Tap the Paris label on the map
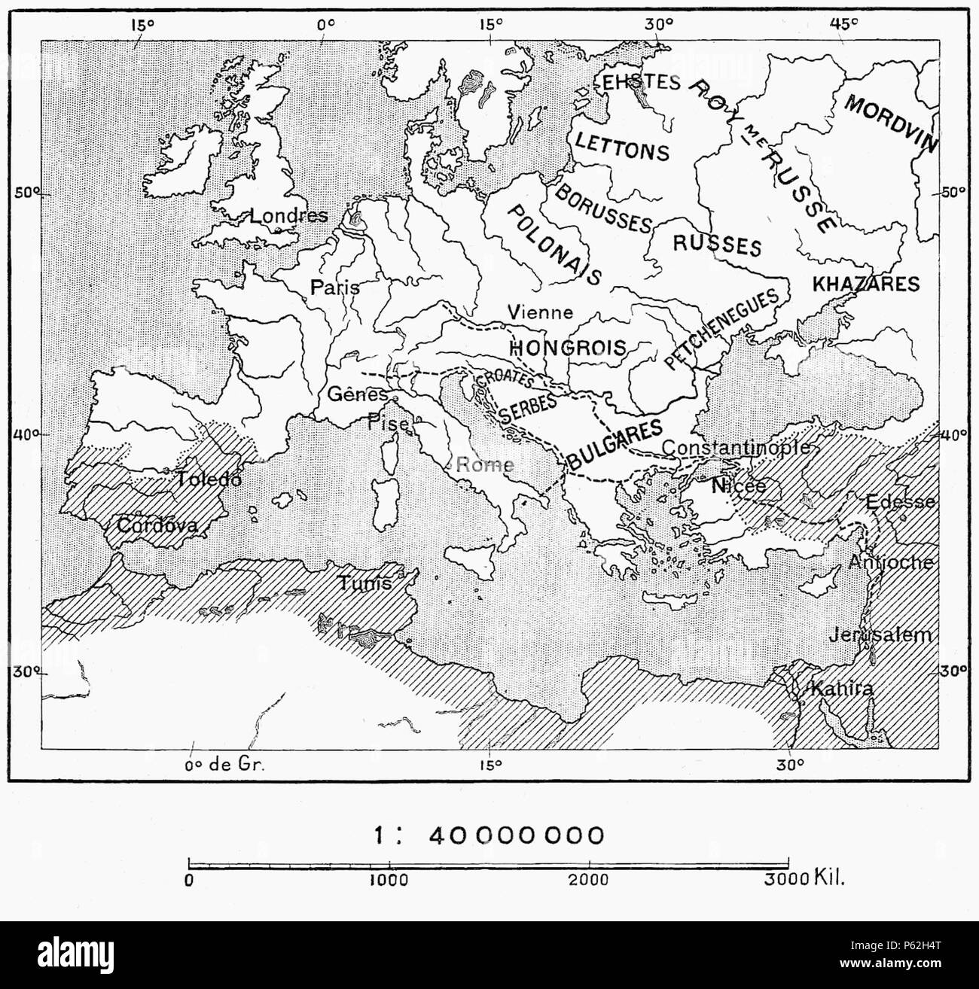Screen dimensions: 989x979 tap(334, 288)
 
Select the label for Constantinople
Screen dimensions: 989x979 tap(736, 447)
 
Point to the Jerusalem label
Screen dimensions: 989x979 tap(880, 635)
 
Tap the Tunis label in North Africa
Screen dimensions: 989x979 tap(364, 583)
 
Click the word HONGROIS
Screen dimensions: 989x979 tap(569, 347)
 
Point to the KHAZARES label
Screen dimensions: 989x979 tap(866, 284)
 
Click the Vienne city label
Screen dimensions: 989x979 tap(540, 312)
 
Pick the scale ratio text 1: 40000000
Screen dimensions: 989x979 tap(489, 835)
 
